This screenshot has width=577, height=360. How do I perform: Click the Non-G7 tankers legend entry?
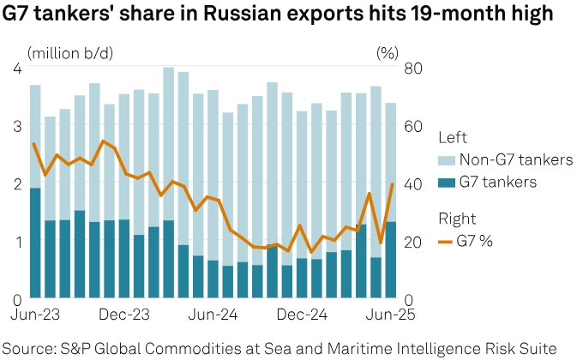pos(504,159)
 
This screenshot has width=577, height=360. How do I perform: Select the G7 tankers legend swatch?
pos(446,182)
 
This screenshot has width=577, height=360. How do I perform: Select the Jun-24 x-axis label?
pos(212,315)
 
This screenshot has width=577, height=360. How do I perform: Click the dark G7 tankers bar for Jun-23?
pos(35,243)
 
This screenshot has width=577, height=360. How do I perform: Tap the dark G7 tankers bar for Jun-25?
pos(390,261)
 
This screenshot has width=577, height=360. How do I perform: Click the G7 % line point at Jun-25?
pos(392,184)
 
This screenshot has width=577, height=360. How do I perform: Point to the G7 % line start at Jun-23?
pos(33,144)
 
